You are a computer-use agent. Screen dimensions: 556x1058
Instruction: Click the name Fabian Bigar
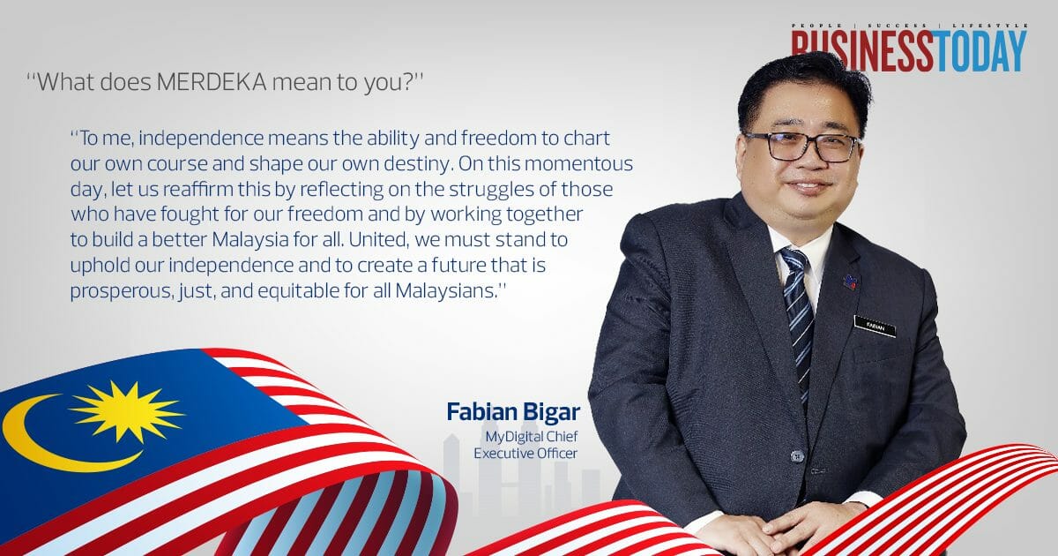tap(512, 412)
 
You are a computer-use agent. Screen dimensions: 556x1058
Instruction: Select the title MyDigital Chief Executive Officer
tap(526, 445)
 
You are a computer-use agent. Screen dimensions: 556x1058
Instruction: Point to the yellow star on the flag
tap(126, 410)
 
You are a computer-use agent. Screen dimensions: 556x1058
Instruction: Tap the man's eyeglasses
tap(802, 146)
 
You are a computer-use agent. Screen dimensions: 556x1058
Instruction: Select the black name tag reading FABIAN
tap(875, 326)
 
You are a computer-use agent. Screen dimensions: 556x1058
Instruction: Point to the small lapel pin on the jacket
tap(852, 281)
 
